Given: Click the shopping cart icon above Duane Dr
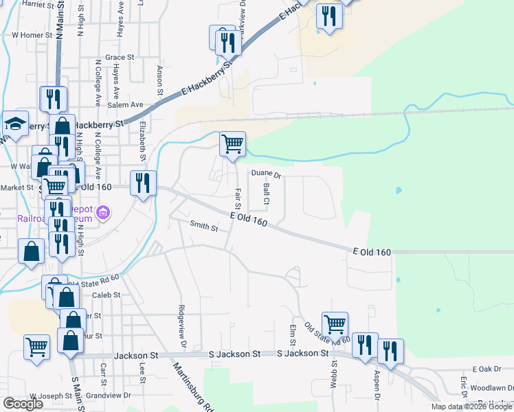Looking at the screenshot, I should point(232,145).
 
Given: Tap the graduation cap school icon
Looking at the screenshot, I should point(15,124).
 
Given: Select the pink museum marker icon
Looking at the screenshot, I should point(104,213).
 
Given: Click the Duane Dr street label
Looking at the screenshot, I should point(266,174).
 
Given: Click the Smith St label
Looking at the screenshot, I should point(203,227).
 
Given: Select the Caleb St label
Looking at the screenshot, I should point(107,295).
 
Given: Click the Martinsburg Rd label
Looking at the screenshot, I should point(194,386).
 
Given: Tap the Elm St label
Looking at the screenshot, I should point(293,335).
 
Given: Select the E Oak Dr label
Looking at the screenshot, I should point(487,369).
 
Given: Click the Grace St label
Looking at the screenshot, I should point(120,58).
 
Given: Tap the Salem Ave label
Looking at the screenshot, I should point(113,105).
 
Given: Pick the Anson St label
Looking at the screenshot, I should point(159,80).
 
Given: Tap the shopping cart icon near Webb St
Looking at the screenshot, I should point(335,323).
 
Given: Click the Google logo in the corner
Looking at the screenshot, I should point(23,404).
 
